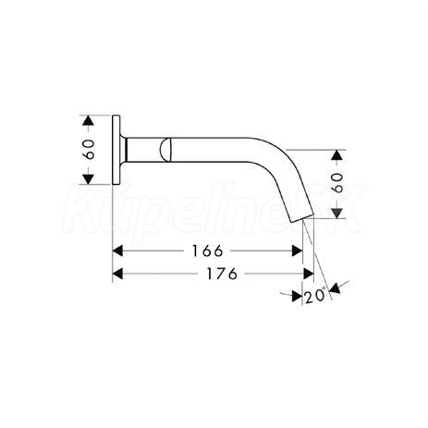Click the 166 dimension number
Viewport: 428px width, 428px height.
click(x=207, y=251)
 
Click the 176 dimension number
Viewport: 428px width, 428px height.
click(x=222, y=274)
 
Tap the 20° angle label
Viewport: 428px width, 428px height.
click(x=315, y=296)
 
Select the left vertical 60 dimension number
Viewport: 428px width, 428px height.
click(x=89, y=150)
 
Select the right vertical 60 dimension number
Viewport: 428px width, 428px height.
click(x=338, y=183)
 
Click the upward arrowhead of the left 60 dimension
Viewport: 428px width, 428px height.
click(x=88, y=120)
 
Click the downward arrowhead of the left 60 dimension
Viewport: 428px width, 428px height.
click(x=88, y=179)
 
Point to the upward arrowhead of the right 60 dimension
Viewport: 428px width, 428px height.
click(x=338, y=155)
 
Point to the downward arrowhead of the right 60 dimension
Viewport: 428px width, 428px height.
click(x=338, y=214)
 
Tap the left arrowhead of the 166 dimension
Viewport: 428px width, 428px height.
click(x=117, y=251)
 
